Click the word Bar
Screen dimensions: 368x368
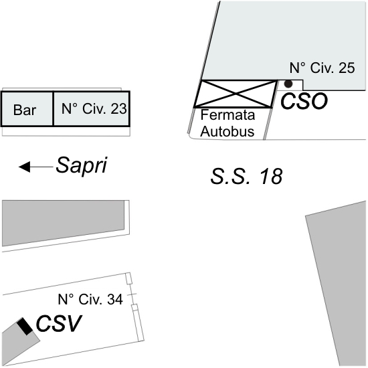click(x=25, y=110)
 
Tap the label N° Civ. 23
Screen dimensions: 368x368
click(x=94, y=108)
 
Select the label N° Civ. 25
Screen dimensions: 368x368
click(x=323, y=68)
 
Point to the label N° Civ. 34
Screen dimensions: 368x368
click(x=90, y=299)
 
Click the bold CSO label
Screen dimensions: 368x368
click(x=304, y=101)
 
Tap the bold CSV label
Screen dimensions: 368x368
click(x=59, y=323)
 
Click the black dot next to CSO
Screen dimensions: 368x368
click(x=288, y=84)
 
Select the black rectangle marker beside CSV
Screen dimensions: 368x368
click(x=25, y=327)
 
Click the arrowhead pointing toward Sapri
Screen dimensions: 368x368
click(x=24, y=167)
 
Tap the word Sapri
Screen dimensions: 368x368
click(x=82, y=166)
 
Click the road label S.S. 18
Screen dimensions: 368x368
click(x=246, y=176)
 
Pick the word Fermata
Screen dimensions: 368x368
click(x=227, y=115)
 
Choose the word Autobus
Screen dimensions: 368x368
click(x=227, y=131)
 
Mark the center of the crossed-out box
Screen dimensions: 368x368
click(x=235, y=94)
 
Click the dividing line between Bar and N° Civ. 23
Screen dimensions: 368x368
click(x=54, y=108)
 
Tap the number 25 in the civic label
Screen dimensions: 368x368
click(x=347, y=68)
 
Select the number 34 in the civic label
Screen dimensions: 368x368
click(x=115, y=299)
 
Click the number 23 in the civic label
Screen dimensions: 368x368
click(x=119, y=108)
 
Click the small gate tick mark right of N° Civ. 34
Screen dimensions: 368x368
click(x=132, y=294)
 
